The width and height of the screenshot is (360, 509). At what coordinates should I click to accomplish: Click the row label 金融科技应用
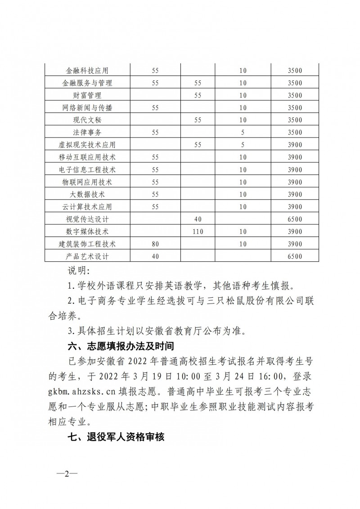87,71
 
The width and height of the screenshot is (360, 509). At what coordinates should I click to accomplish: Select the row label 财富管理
87,95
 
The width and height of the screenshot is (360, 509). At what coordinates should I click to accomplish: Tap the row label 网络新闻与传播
87,107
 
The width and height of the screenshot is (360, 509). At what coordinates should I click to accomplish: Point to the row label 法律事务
87,132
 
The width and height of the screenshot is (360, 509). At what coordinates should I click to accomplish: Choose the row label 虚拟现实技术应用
87,145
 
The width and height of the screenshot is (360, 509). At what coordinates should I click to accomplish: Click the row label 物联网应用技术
87,182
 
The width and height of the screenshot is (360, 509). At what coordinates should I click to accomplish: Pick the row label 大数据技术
87,194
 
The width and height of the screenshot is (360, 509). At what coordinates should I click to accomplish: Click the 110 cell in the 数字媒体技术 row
198,232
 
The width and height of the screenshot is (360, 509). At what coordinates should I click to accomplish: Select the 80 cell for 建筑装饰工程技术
156,244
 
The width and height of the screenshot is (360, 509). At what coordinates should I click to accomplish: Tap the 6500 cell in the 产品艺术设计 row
295,256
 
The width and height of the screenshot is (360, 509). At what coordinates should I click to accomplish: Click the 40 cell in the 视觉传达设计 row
198,219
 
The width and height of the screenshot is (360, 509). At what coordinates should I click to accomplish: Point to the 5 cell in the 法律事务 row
243,132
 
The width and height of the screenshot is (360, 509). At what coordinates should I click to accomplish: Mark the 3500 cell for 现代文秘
295,120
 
